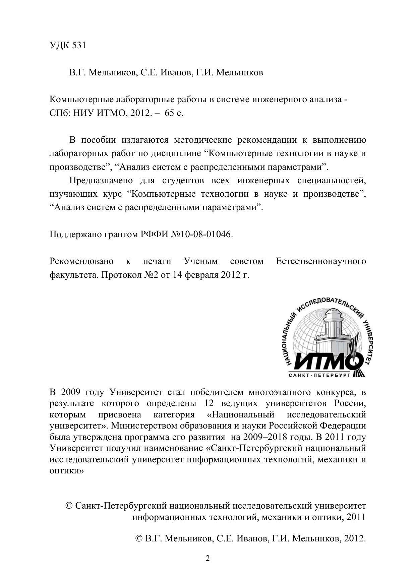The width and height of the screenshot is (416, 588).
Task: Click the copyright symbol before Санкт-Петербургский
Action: click(x=69, y=506)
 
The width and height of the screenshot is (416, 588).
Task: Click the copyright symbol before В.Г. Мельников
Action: click(x=139, y=538)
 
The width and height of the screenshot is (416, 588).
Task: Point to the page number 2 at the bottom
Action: click(x=208, y=559)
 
